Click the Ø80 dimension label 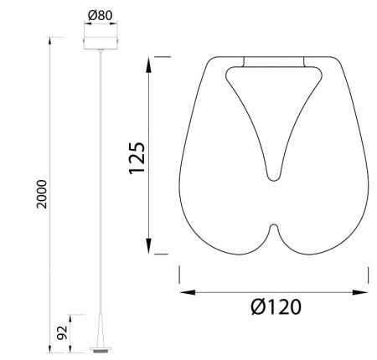(x=100, y=15)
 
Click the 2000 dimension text (x=43, y=194)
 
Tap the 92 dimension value (x=63, y=332)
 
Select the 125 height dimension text (x=137, y=158)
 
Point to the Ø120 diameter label (x=276, y=306)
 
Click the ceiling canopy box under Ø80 (x=101, y=43)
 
